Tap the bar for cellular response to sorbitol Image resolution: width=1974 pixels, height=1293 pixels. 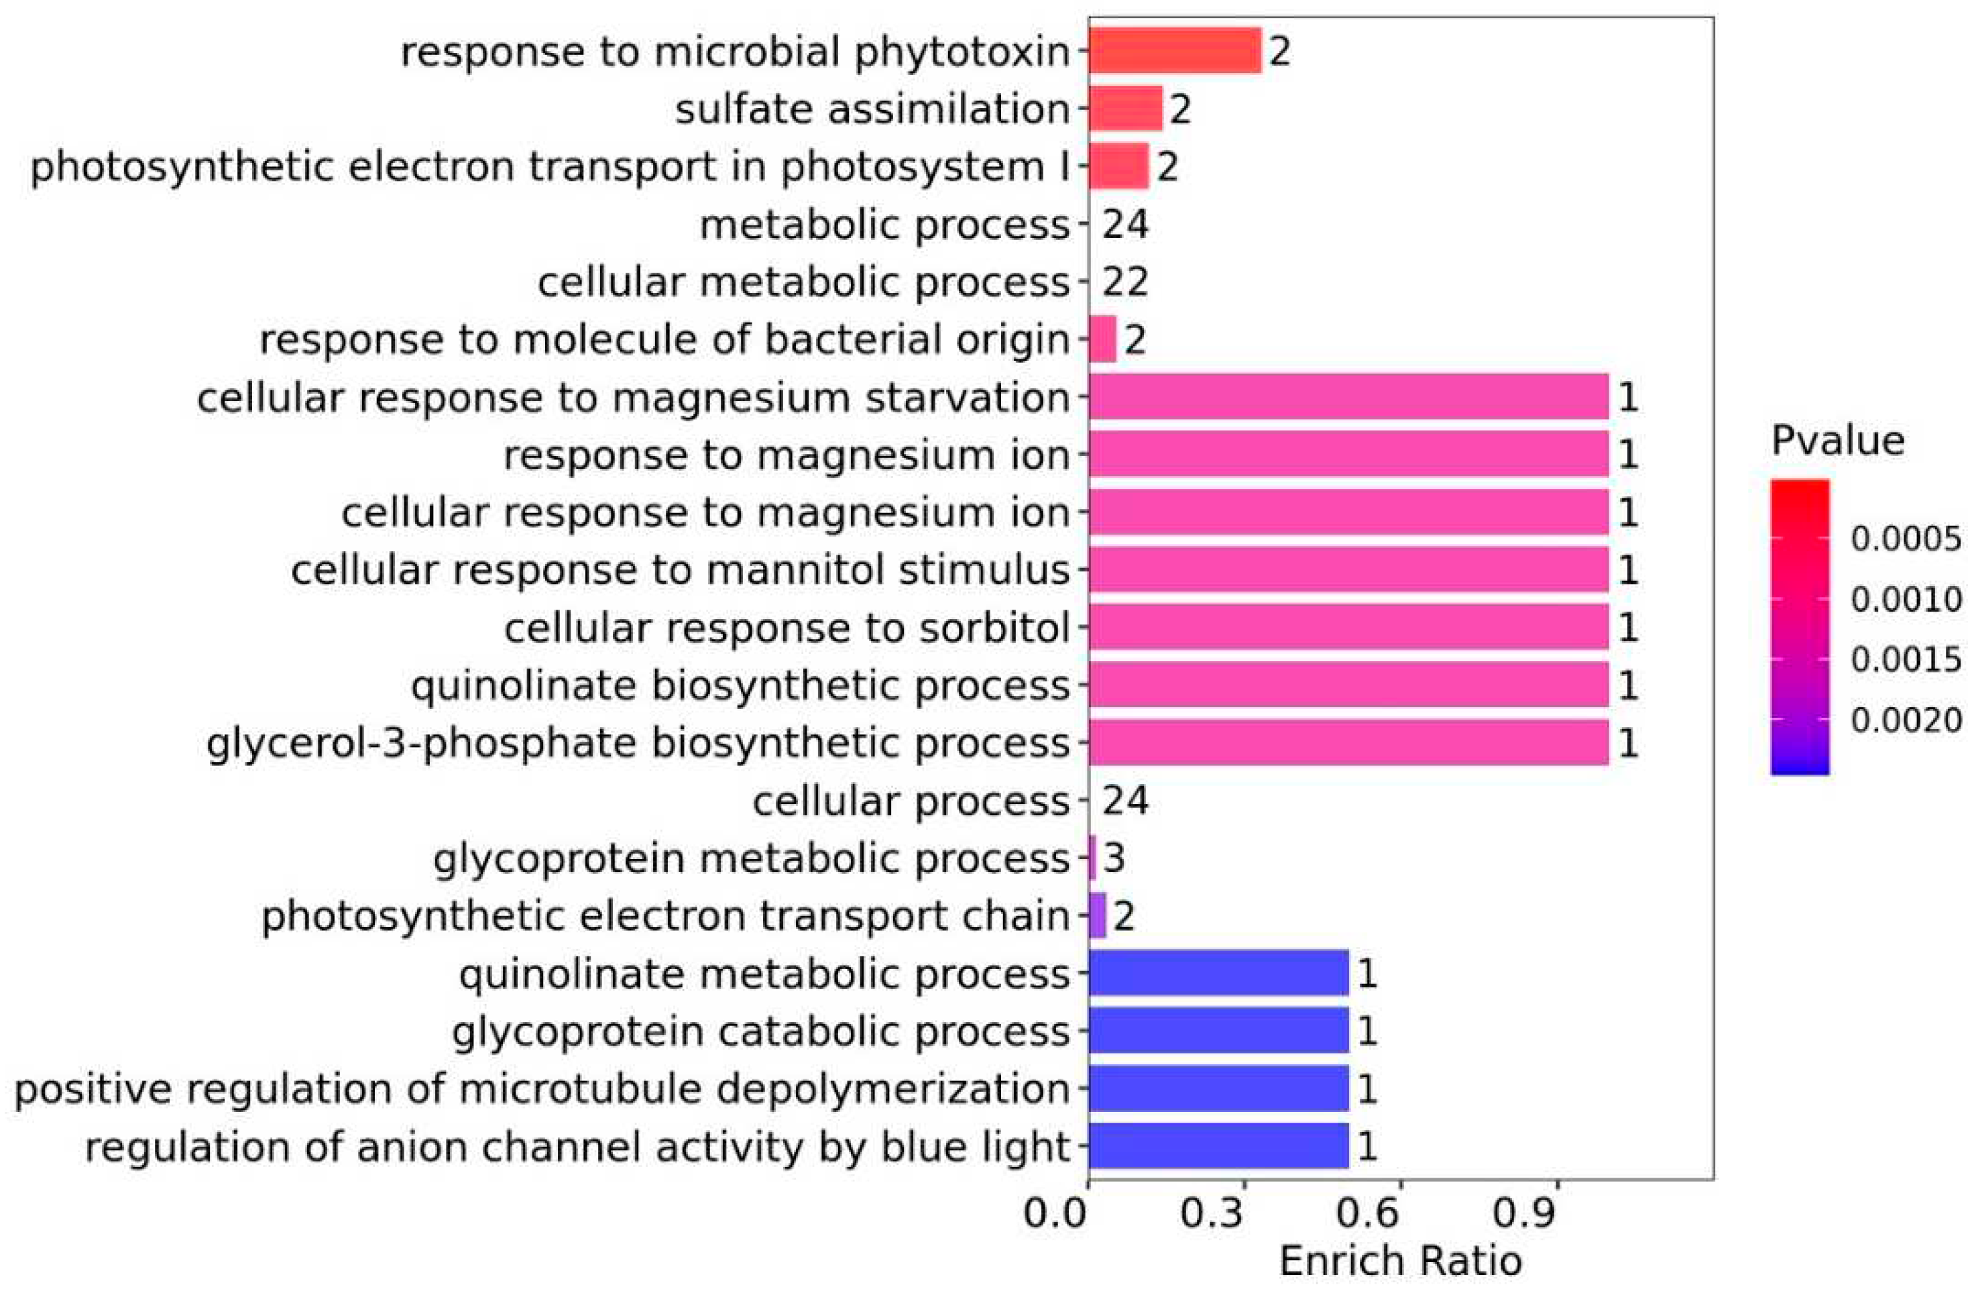[x=1348, y=627]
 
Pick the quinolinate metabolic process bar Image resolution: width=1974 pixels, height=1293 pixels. [x=1218, y=973]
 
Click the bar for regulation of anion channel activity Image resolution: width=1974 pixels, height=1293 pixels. [x=1218, y=1146]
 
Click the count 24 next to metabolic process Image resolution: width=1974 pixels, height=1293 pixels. [x=1124, y=224]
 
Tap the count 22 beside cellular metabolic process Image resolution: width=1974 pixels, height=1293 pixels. [x=1124, y=282]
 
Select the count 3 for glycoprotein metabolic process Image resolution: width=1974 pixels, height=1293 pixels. [x=1114, y=858]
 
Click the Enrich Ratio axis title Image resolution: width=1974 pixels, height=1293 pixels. [x=1400, y=1261]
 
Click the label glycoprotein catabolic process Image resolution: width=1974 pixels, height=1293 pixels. [x=760, y=1031]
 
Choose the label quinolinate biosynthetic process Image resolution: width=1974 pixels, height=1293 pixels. [x=740, y=686]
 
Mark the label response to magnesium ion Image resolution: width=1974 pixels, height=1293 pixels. [x=787, y=455]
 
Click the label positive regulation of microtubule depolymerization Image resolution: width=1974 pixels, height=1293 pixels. [x=542, y=1089]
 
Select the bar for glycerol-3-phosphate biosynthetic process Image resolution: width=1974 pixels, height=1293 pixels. [x=1348, y=742]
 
